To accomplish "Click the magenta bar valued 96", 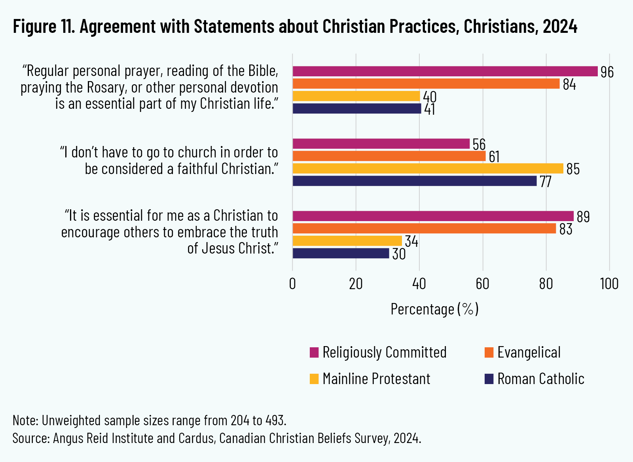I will [445, 71].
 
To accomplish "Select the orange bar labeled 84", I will [426, 84].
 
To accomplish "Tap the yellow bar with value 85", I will [427, 169].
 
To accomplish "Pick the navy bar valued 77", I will [415, 181].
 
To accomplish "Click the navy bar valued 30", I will [340, 253].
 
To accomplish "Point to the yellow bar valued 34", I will [347, 241].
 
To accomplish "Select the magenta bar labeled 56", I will [381, 144].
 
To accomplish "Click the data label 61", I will [494, 157].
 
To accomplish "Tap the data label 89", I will [583, 217].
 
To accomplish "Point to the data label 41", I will [430, 110].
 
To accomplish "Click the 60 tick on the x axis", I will [482, 284].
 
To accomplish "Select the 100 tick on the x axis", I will [609, 284].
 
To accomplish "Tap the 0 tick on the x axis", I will [292, 284].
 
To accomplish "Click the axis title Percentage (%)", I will [434, 309].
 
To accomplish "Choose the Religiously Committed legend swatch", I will [314, 352].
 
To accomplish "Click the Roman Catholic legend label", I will [540, 379].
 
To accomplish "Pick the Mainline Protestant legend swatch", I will [314, 379].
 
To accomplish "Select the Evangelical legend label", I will [529, 352].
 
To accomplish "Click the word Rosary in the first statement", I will [106, 87].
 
